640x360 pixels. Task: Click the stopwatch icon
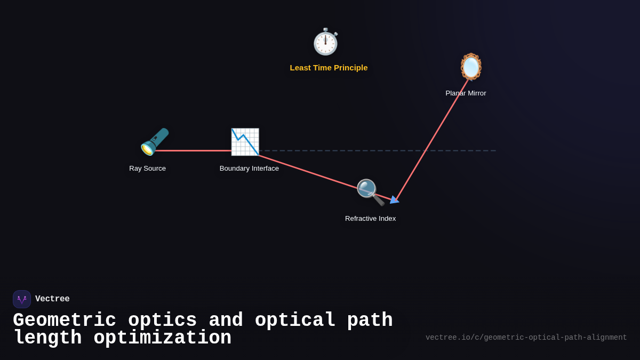325,42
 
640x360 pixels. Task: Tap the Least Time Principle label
329,68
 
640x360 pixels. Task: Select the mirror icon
471,67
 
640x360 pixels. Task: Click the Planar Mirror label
466,93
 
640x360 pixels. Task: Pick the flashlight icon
155,142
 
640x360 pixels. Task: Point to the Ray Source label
147,169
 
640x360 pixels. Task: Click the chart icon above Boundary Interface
245,142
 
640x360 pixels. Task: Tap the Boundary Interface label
249,169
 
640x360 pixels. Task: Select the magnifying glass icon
370,192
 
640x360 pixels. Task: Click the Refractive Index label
370,219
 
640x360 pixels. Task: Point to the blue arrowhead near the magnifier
394,200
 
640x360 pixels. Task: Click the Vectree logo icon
22,299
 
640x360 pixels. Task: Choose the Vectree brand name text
52,299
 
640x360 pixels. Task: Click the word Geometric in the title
64,321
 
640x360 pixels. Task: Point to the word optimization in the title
162,338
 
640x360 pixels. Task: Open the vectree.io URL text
526,338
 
